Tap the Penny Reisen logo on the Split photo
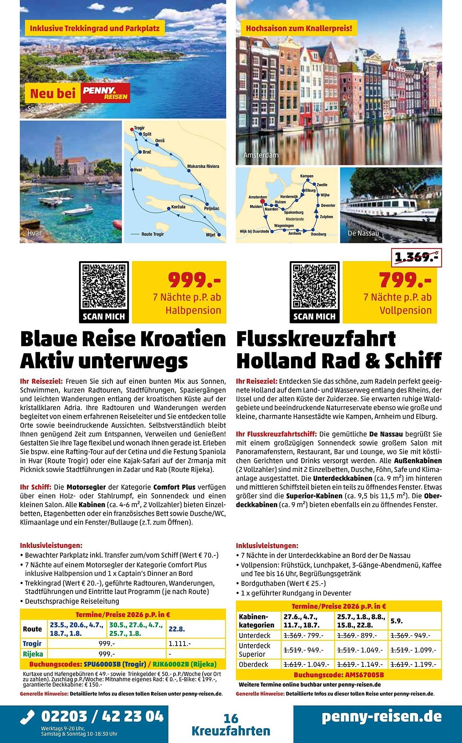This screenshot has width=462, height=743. [x=105, y=93]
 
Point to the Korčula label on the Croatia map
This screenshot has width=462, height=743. [x=178, y=207]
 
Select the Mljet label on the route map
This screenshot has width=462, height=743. [x=210, y=235]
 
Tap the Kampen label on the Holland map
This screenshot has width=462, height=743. [x=307, y=176]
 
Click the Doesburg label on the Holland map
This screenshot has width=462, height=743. [x=318, y=234]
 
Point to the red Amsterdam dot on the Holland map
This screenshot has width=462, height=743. [x=262, y=201]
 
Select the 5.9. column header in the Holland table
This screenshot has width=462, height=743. [x=397, y=620]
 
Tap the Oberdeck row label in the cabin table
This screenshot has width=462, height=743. [x=253, y=664]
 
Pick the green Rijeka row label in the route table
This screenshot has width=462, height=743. [x=33, y=653]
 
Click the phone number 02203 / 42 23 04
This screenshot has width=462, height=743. [x=102, y=716]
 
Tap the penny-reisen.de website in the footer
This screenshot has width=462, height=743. [x=382, y=716]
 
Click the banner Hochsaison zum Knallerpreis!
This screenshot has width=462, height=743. [x=299, y=28]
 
